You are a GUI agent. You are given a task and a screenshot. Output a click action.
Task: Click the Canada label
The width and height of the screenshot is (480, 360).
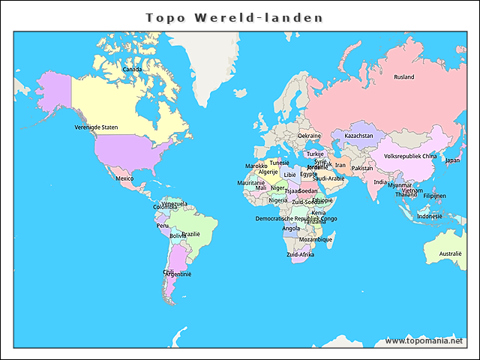coord(132,69)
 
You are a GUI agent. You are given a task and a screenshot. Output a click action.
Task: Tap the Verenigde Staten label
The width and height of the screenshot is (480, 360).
coord(96,127)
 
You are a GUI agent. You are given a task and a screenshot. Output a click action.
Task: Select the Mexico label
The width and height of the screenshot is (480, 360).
coord(124,178)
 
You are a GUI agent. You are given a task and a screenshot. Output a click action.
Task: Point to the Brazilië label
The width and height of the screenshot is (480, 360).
coord(190,234)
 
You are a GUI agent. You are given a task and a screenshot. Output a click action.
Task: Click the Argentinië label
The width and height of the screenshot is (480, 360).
coord(178,274)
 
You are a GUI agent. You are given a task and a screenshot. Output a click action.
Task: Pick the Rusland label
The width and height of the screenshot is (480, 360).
coord(404,76)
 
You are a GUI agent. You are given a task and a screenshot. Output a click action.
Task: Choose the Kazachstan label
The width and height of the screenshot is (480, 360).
coord(358,136)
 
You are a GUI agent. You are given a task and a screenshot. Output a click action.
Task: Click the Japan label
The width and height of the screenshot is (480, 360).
coord(452,160)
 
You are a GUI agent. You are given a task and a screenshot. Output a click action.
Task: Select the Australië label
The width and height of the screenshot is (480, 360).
coord(450,253)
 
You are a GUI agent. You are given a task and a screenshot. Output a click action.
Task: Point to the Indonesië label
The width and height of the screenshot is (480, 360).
coord(430,216)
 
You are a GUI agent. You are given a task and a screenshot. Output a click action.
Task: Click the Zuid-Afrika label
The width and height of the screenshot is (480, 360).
coord(300,255)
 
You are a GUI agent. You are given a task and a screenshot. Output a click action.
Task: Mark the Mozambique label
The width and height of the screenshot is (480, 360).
coord(315,239)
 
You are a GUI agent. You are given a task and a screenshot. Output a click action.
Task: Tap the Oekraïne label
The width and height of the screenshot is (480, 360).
coord(310,136)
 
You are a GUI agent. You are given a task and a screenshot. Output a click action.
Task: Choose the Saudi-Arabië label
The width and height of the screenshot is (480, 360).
coord(328,178)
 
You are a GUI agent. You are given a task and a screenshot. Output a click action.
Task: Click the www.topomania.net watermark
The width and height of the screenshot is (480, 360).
coord(424,340)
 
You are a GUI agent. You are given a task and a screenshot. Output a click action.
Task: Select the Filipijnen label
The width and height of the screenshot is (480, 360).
coord(434,196)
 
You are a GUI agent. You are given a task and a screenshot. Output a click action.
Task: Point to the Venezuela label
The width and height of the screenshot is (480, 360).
coord(174,203)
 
